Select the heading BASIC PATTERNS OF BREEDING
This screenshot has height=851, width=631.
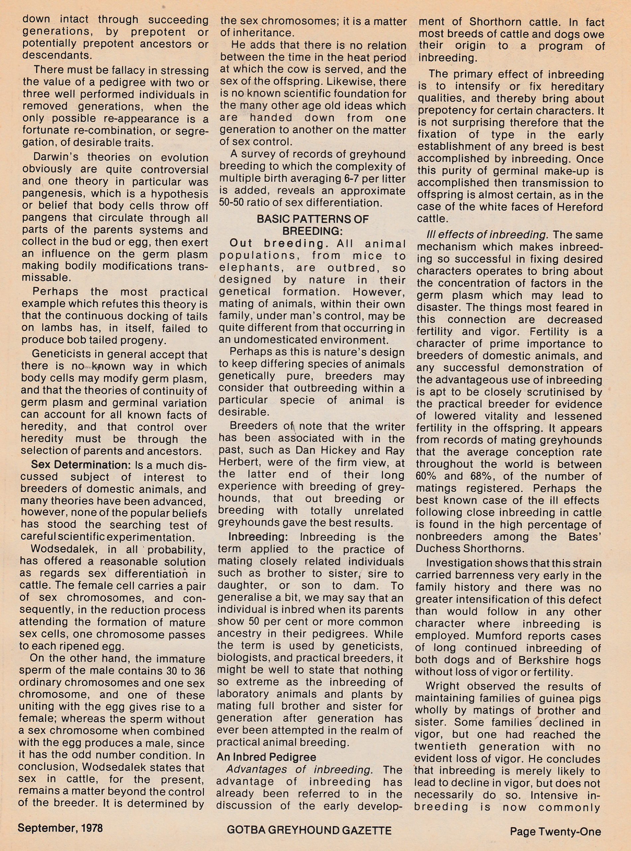point(313,225)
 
